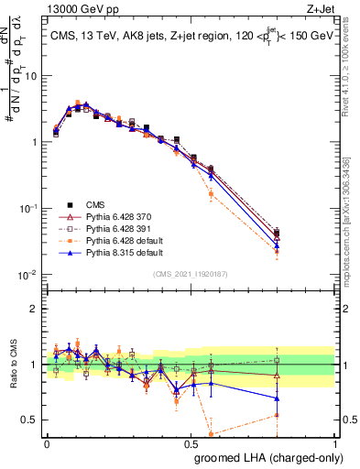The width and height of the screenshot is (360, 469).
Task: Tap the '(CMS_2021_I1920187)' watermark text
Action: pyautogui.click(x=191, y=274)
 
